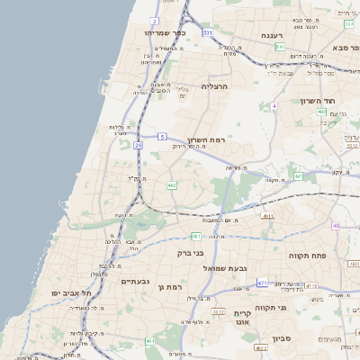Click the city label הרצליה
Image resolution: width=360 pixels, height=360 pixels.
[215, 86]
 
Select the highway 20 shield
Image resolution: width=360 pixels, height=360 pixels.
[139, 144]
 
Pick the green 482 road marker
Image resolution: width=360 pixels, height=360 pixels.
[172, 186]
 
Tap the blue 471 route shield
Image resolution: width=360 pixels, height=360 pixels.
[262, 283]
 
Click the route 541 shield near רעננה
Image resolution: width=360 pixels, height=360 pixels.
[281, 47]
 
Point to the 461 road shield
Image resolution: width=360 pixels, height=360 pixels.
[150, 342]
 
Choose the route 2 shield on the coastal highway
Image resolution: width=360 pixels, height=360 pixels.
[155, 20]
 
